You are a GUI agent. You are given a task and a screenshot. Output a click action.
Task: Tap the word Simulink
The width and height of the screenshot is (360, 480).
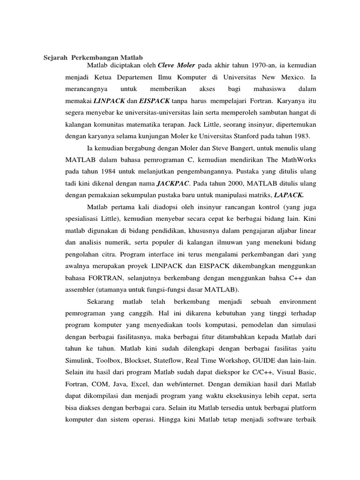coord(78,360)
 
